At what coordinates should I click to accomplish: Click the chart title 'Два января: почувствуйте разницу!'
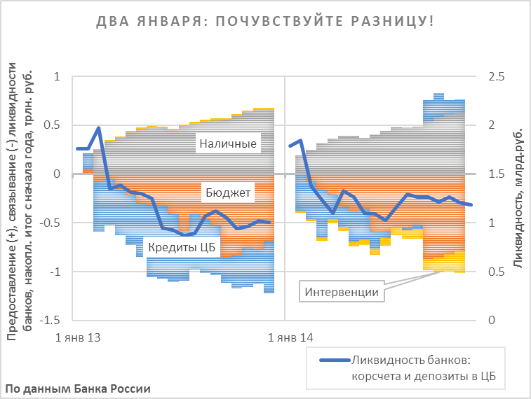click(264, 22)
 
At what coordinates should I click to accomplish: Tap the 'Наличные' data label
click(227, 145)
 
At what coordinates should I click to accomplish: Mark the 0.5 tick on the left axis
click(53, 125)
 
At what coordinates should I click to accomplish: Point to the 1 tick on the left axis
click(58, 76)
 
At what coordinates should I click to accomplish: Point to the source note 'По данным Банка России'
click(77, 388)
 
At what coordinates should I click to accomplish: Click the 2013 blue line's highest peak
click(99, 128)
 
